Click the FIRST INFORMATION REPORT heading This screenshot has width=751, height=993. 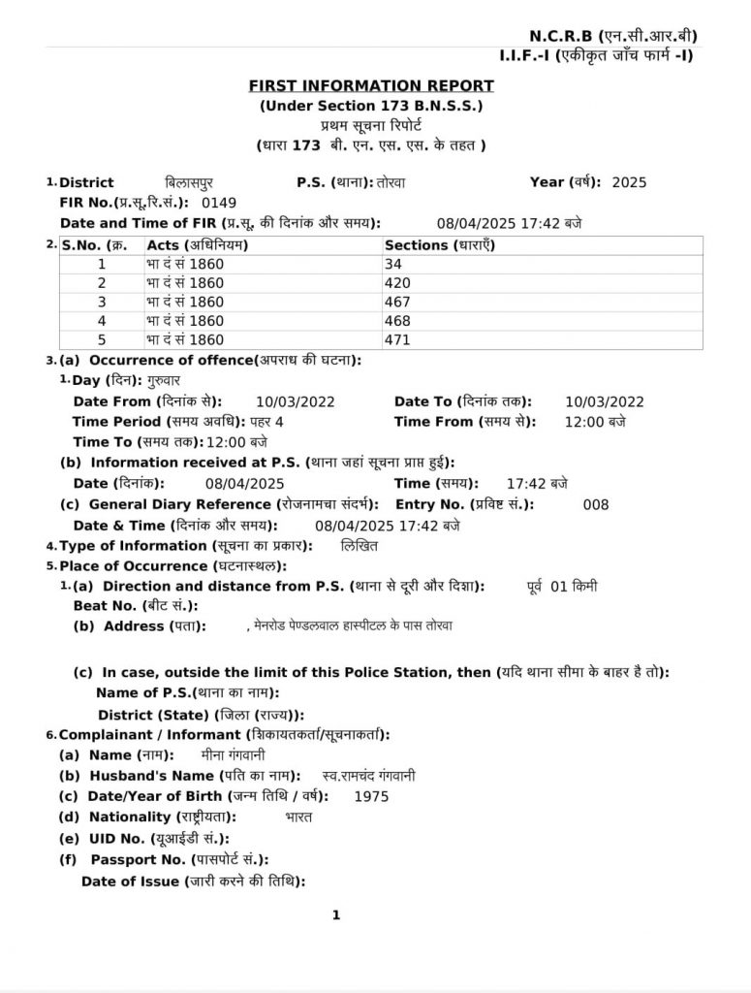click(371, 86)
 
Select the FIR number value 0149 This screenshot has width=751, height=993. click(219, 204)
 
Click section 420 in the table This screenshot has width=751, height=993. click(397, 282)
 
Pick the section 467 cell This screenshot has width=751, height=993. click(397, 302)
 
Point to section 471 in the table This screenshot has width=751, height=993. click(397, 339)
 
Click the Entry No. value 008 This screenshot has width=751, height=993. click(596, 504)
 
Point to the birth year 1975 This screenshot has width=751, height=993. click(371, 796)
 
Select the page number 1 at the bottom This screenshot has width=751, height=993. click(336, 914)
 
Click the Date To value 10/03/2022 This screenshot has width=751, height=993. click(604, 401)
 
